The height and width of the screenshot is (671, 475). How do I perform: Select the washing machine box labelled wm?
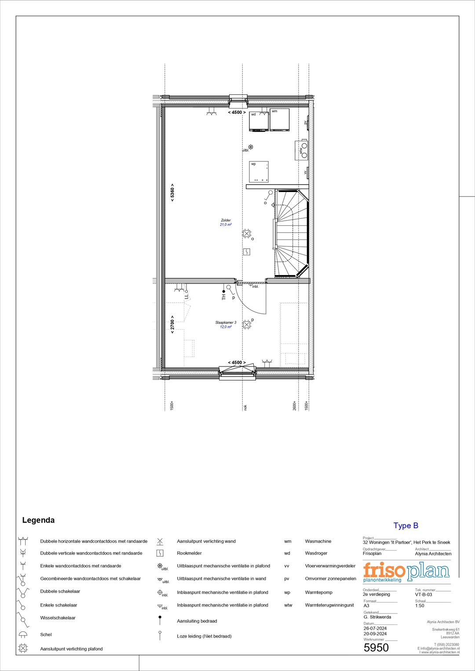[279, 120]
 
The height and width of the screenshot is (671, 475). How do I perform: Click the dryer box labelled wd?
[259, 121]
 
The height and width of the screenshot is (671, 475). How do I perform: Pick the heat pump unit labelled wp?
[259, 172]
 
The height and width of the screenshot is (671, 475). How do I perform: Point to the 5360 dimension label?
[172, 192]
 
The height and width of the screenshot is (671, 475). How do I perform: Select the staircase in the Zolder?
[291, 233]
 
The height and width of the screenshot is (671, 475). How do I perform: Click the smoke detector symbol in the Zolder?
[247, 252]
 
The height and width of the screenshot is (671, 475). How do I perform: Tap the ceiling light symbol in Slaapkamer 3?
[247, 325]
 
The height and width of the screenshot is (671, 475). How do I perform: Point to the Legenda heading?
[38, 520]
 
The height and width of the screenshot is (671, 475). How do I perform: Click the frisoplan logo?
[406, 572]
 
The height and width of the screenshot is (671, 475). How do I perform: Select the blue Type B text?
[406, 526]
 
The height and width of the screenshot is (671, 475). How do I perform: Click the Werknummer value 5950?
[376, 648]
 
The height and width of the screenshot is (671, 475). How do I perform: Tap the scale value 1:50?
[420, 606]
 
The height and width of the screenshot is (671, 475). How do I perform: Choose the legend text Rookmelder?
[189, 553]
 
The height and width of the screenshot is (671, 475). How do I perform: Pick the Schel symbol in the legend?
[23, 635]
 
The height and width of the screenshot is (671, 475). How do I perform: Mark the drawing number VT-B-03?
[423, 595]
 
